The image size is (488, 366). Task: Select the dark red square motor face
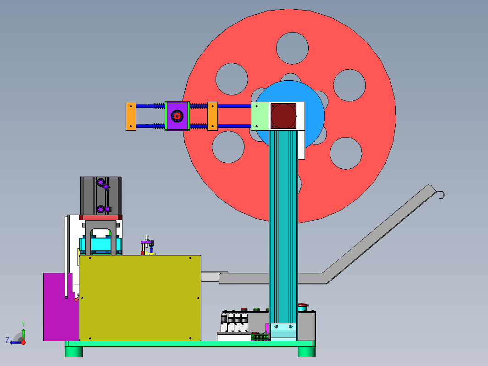[283, 116]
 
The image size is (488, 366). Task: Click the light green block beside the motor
[260, 116]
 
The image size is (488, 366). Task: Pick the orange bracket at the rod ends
[131, 116]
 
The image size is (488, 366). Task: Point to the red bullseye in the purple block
[177, 116]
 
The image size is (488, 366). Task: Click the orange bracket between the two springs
[212, 116]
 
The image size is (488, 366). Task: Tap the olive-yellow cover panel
[140, 298]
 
